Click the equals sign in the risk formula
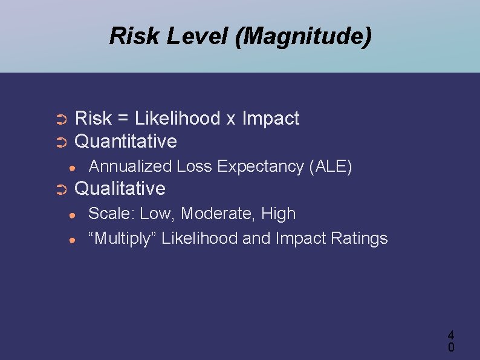pyautogui.click(x=123, y=119)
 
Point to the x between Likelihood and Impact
pyautogui.click(x=230, y=120)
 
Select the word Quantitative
pyautogui.click(x=125, y=142)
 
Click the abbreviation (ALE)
pyautogui.click(x=330, y=166)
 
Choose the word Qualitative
pyautogui.click(x=119, y=189)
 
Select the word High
pyautogui.click(x=279, y=214)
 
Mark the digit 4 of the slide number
pyautogui.click(x=450, y=335)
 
